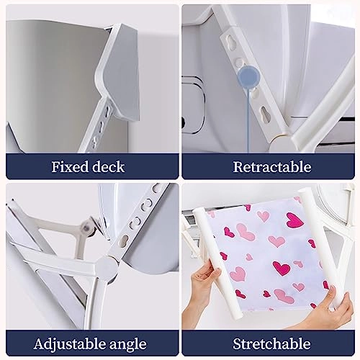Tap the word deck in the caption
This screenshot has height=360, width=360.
pos(107,167)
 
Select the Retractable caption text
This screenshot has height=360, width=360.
pos(271,167)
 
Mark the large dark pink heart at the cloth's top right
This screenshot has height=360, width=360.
pos(293,220)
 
